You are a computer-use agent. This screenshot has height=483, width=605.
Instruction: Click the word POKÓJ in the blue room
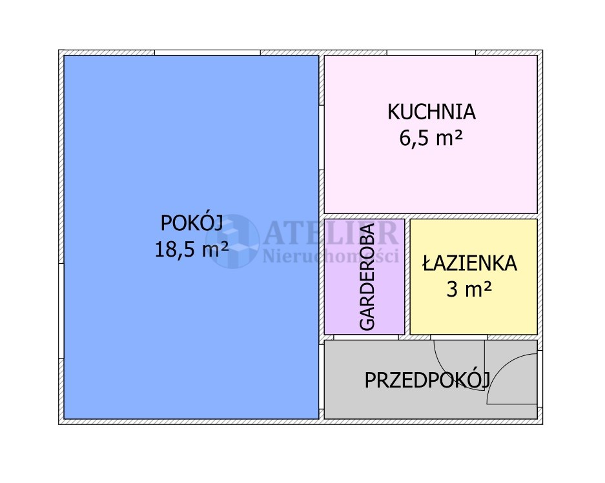coord(192,223)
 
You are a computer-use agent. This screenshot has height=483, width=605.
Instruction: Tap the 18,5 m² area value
coord(192,249)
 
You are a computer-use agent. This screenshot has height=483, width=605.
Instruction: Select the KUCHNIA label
coord(431,112)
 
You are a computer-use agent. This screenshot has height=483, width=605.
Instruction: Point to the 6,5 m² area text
coord(431,137)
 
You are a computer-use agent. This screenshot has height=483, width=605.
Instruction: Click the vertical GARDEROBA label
coord(367,277)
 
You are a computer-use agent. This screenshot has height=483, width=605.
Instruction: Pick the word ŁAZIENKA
coord(469,263)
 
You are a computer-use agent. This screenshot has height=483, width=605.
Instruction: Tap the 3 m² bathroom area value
coord(469,289)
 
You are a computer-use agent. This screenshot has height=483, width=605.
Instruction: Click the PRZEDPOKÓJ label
coord(427,380)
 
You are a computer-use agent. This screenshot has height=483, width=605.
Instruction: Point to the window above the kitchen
coord(431,52)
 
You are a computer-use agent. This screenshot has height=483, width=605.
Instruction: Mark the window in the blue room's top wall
coord(207,52)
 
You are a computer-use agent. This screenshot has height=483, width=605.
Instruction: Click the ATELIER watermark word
coord(331,233)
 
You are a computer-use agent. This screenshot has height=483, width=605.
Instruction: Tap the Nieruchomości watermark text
coord(331,256)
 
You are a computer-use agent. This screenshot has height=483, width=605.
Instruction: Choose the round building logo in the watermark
coord(232,241)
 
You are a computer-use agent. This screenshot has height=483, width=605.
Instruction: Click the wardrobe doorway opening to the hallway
coord(366,337)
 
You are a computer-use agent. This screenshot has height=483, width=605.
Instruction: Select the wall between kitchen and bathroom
coord(431,216)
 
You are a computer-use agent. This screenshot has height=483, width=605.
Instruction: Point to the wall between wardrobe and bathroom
coord(407,277)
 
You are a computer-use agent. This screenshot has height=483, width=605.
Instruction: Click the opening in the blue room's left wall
coord(61,311)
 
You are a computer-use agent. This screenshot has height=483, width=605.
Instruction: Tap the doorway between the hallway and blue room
coord(322,377)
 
